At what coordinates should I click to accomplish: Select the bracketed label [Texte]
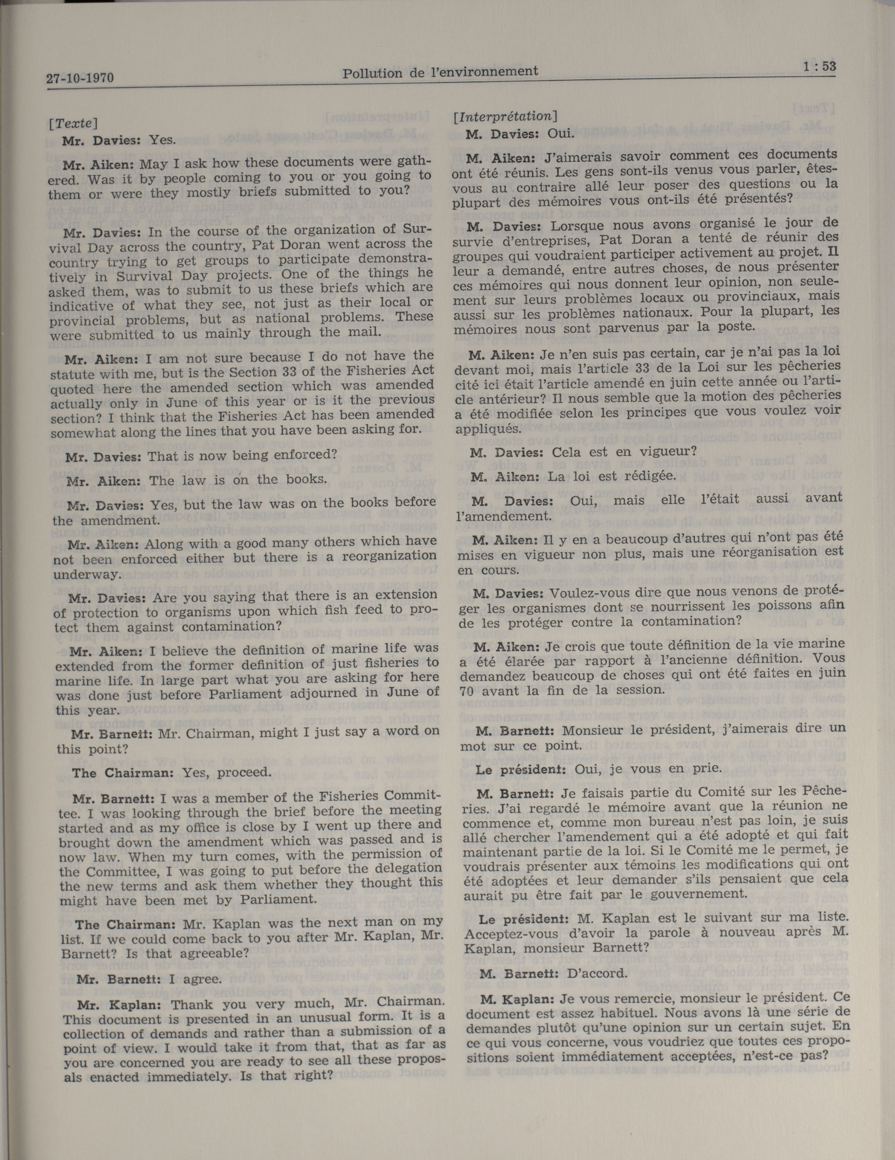point(73,123)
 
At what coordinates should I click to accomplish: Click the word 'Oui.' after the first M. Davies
point(561,134)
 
